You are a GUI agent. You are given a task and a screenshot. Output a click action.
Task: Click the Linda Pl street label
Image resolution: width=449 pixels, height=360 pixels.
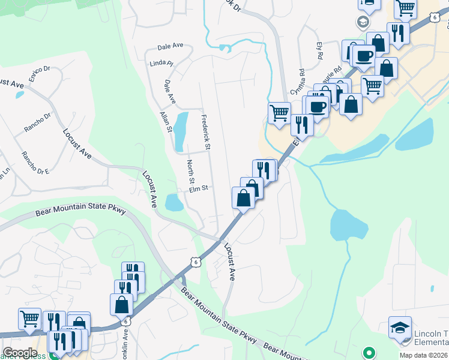(162, 62)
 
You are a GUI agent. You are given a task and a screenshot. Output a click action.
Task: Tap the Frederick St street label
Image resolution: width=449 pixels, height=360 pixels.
(205, 132)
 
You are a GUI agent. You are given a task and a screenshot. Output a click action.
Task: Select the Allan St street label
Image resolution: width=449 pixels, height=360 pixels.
(165, 121)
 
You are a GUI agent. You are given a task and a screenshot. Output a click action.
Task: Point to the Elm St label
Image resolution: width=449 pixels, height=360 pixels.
(198, 188)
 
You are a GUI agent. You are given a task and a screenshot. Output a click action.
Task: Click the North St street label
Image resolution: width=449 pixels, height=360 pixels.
(190, 172)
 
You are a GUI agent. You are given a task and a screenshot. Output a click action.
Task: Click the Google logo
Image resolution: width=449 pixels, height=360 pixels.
(20, 353)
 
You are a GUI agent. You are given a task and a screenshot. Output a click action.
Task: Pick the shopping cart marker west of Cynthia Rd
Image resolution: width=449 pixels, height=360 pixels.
(279, 112)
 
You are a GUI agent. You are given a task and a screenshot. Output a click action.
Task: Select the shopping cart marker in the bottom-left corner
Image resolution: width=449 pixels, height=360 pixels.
(29, 319)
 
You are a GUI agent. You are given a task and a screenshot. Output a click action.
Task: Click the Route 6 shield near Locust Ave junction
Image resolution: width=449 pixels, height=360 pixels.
(193, 261)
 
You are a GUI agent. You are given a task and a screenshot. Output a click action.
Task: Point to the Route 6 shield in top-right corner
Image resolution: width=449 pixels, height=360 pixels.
(434, 18)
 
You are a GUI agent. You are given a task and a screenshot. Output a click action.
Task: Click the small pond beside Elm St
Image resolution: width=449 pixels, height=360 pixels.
(174, 203)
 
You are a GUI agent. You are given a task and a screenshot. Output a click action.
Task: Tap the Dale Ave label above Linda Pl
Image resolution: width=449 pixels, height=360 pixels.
(170, 46)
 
